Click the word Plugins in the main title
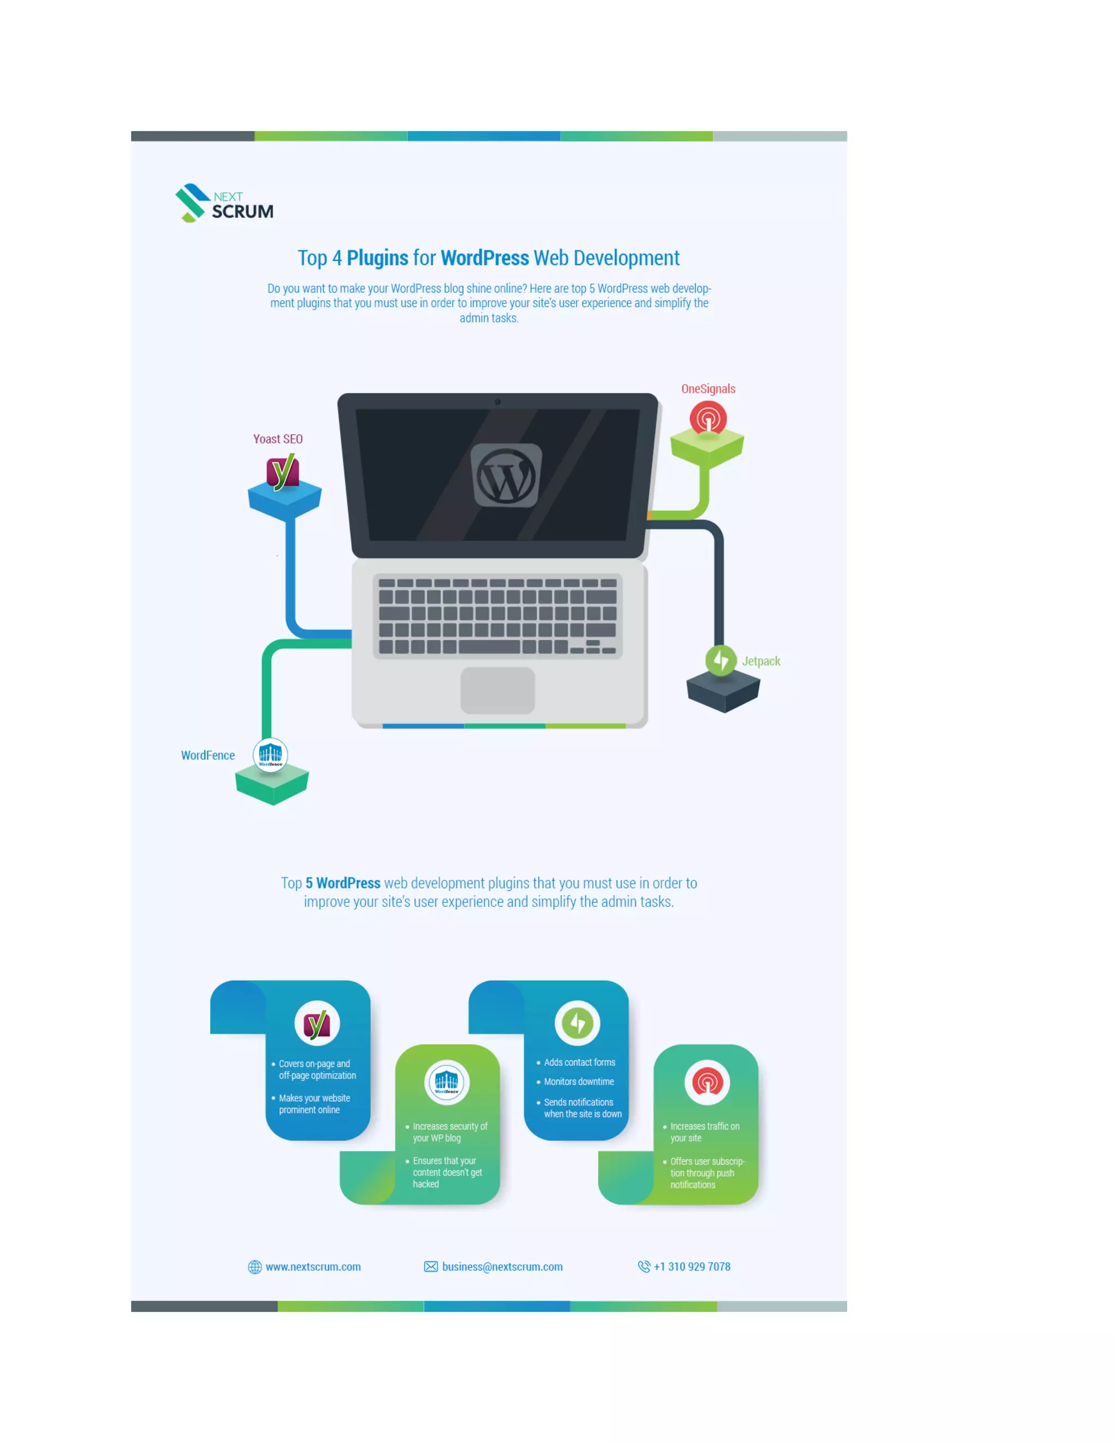[x=377, y=258]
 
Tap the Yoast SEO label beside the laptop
[x=278, y=439]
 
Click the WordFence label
[x=207, y=755]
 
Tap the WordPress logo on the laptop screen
[x=506, y=475]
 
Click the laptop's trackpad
[x=498, y=690]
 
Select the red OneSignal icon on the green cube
[x=708, y=418]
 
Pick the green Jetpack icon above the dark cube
[x=721, y=659]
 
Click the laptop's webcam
[x=498, y=402]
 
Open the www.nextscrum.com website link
[x=313, y=1267]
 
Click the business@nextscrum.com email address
[x=502, y=1267]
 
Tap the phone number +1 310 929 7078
[x=691, y=1267]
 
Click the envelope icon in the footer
[x=431, y=1267]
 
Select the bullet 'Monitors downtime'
[x=579, y=1081]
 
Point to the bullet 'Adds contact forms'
[x=579, y=1062]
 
